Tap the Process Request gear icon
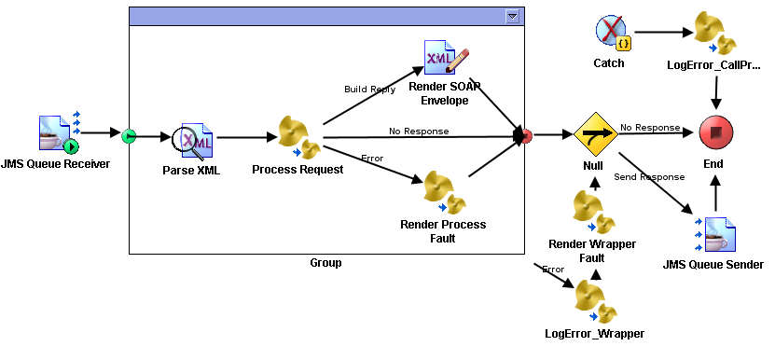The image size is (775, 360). click(299, 138)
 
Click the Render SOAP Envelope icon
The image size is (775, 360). click(443, 59)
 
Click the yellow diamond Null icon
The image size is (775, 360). click(595, 136)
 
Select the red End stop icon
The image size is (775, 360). click(716, 135)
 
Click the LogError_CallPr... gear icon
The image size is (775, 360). click(715, 35)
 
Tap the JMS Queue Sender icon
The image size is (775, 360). click(715, 236)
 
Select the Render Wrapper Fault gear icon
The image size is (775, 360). click(594, 212)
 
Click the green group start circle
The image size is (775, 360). click(130, 136)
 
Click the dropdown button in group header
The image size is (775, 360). click(512, 17)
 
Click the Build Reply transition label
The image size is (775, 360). click(369, 90)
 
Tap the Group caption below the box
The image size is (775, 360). click(325, 263)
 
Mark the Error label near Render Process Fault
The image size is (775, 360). click(372, 158)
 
